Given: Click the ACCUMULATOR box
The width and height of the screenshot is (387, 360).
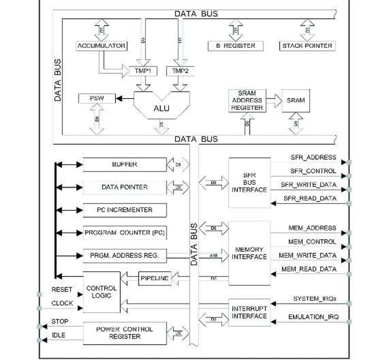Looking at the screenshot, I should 101,46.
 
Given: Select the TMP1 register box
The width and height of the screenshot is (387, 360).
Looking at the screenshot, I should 143,71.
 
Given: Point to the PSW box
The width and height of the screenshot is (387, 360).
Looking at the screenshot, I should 97,98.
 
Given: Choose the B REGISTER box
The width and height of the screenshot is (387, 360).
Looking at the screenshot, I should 238,46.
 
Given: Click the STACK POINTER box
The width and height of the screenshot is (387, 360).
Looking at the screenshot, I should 307,46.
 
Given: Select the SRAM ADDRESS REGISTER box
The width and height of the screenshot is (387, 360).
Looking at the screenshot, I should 247,100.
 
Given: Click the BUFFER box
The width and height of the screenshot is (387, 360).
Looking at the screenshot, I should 124,165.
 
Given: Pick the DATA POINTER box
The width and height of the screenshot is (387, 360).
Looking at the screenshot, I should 124,187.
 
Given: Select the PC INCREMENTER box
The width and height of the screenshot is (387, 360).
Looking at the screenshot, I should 124,210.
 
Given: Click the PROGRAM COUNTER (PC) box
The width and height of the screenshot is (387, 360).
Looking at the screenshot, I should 124,233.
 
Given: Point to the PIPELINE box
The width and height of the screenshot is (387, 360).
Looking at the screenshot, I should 154,278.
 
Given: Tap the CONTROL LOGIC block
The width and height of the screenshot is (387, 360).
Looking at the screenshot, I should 101,292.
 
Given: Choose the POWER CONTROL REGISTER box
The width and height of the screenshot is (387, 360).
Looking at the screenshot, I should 124,333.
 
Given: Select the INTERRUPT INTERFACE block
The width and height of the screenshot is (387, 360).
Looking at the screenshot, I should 249,312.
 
